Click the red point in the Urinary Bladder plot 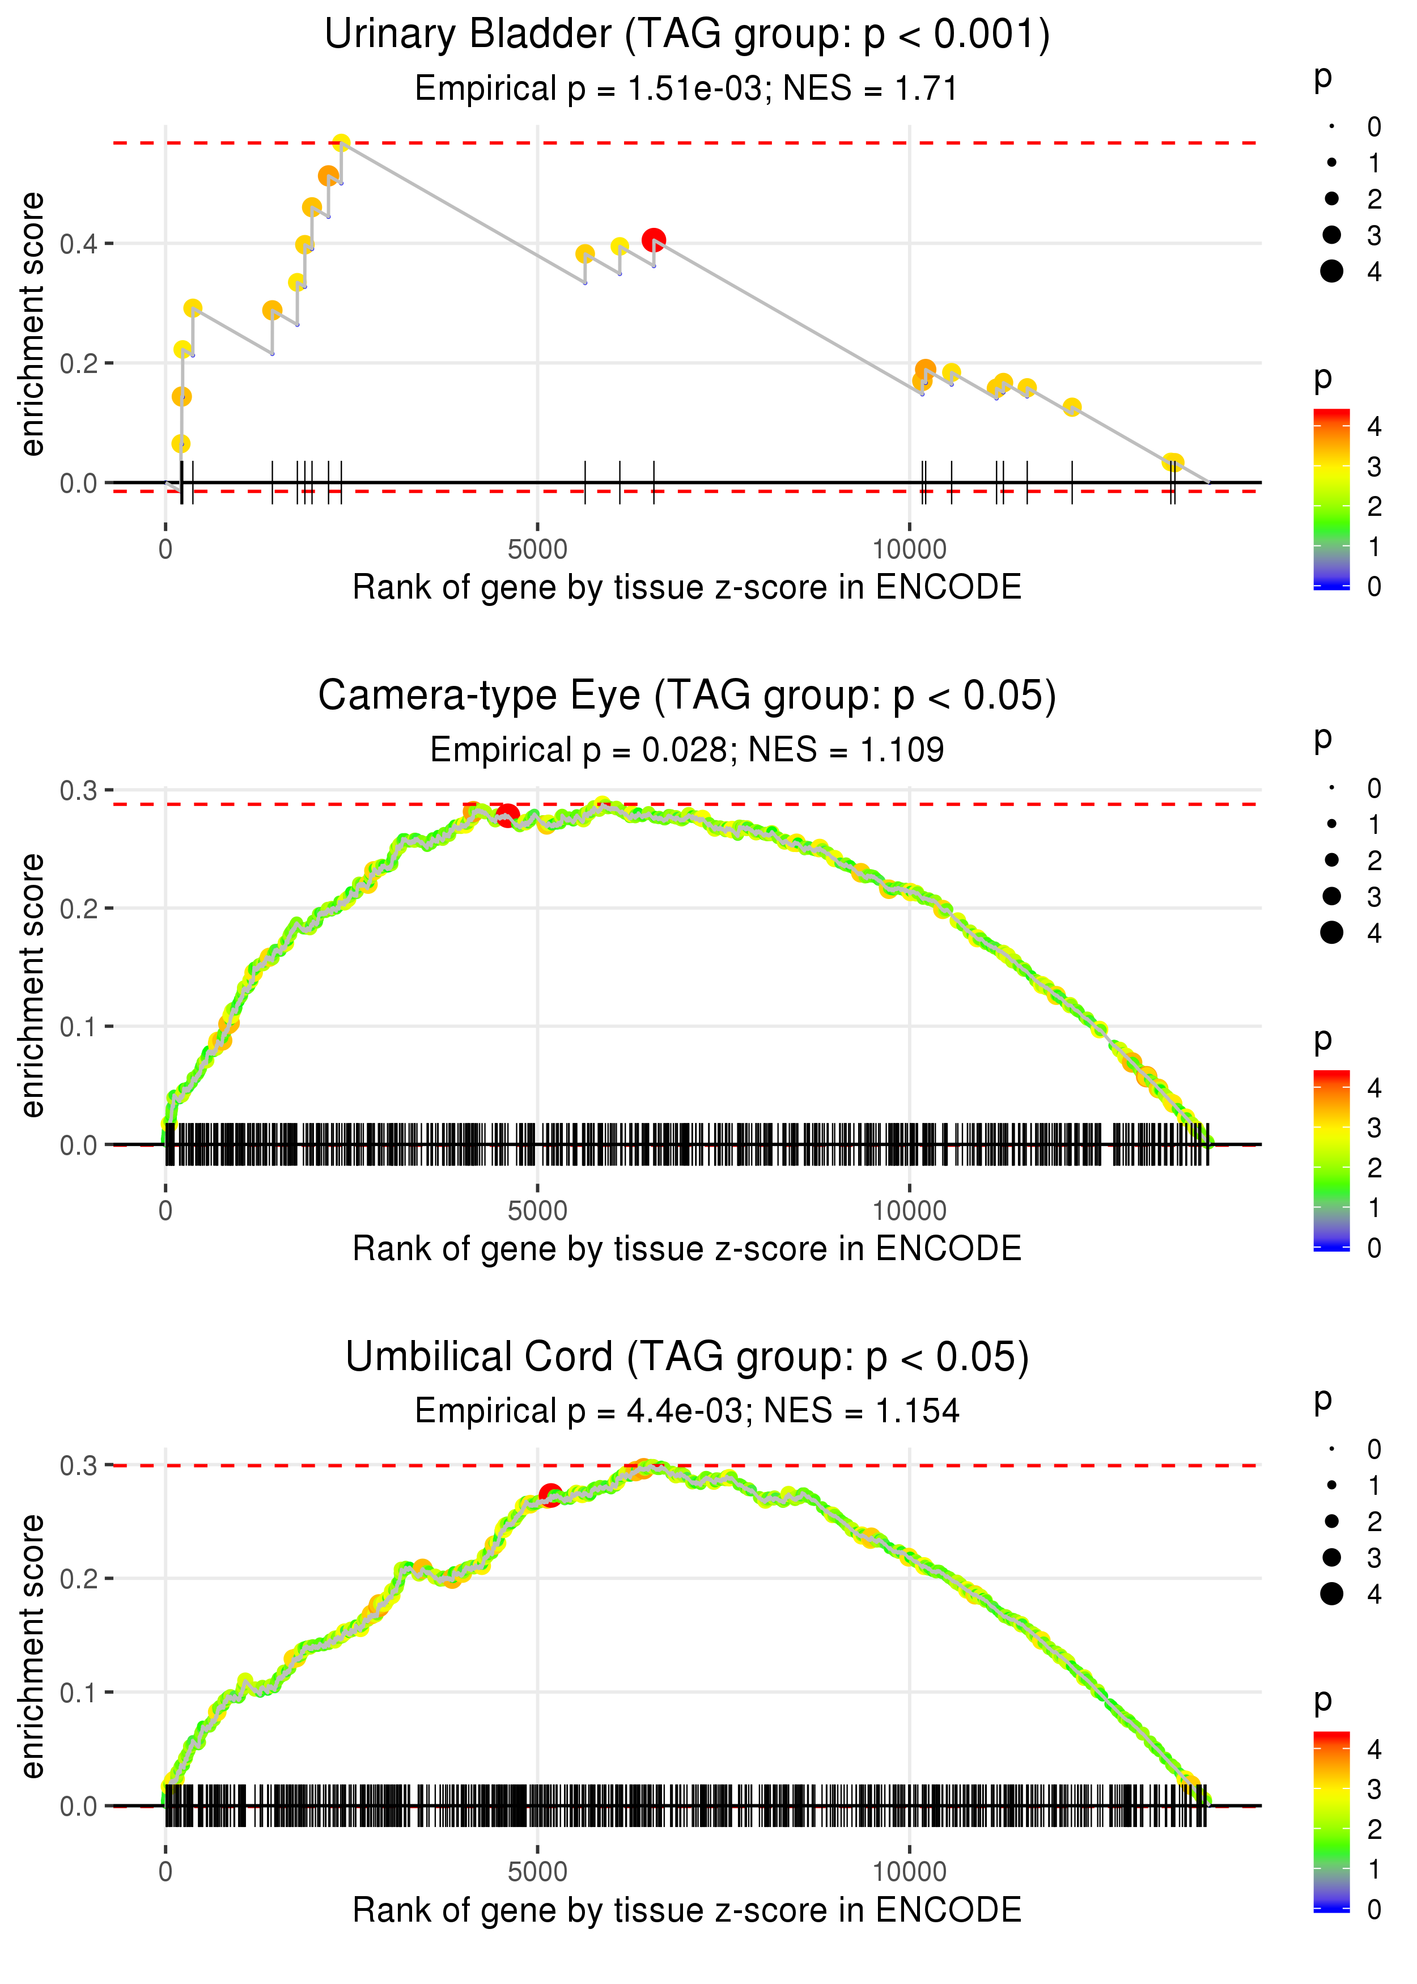(654, 240)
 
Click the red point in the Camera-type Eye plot (507, 816)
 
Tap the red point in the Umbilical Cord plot (550, 1495)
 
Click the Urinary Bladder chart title (687, 35)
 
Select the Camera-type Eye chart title (687, 696)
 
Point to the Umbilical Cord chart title (687, 1358)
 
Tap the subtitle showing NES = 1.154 (687, 1411)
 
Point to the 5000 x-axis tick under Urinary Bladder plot (537, 550)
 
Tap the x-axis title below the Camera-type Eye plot (687, 1249)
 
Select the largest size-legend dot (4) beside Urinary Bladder (1331, 272)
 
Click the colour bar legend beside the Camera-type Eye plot (1331, 1160)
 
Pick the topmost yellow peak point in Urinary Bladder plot (342, 142)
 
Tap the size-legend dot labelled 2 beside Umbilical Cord (1331, 1521)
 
